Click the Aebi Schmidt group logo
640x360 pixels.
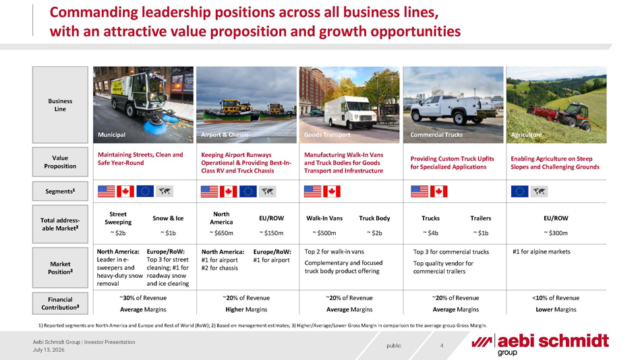540,344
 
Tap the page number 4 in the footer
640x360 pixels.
442,346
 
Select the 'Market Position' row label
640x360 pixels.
61,268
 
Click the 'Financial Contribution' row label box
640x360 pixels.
61,303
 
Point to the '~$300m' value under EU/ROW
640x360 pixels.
556,233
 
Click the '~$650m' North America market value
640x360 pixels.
221,233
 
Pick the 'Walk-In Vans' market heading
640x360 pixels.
324,218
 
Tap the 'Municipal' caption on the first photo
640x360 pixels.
111,135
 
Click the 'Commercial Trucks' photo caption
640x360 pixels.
436,135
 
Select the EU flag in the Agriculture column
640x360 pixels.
519,191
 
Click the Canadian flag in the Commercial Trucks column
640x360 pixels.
439,191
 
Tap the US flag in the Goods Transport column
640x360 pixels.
313,191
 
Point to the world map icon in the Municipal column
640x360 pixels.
165,191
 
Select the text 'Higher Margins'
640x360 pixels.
246,309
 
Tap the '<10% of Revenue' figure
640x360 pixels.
556,298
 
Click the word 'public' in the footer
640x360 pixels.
394,346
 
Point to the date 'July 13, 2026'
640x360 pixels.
49,350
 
